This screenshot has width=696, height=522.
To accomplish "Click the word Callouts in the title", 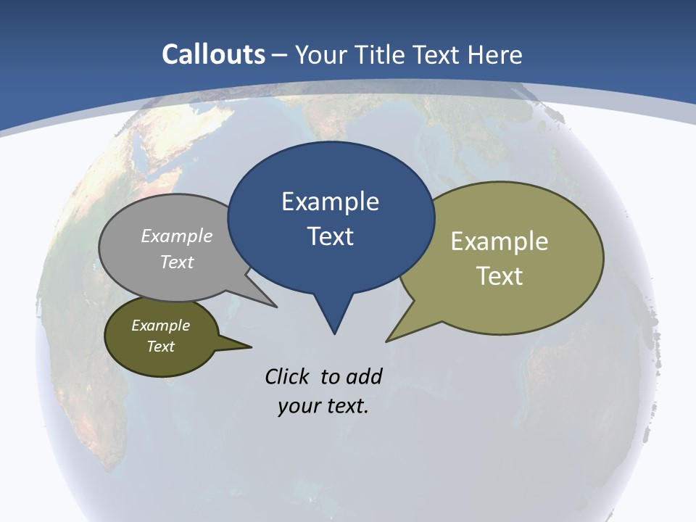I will point(213,54).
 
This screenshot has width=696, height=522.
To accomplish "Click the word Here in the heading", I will point(495,54).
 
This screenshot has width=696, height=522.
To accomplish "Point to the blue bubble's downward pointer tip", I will point(334,333).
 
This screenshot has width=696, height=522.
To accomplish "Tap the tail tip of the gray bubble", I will point(275,307).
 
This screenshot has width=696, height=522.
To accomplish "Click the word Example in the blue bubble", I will point(330,202).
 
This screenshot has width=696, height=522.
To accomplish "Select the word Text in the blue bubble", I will point(330,236).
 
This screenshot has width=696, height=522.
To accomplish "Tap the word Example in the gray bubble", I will point(177,236).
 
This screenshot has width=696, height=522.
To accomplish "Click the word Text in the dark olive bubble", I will point(161,347).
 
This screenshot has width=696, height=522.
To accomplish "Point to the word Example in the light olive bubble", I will point(500,241).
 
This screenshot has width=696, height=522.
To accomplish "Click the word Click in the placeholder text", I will point(287,376).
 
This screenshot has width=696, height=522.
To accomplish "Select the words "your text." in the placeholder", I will point(323,407).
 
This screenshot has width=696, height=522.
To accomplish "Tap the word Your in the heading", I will point(323,54).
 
